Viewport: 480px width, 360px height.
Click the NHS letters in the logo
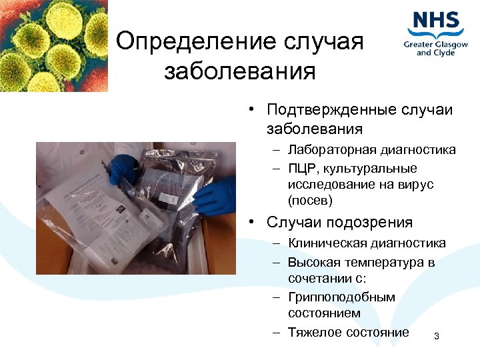(x=436, y=21)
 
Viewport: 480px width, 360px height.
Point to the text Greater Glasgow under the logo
(x=436, y=44)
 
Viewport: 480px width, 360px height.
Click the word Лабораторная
(x=331, y=150)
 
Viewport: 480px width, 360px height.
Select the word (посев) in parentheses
(x=310, y=200)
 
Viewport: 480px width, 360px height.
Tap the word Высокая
(x=315, y=262)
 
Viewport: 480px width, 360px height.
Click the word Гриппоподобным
(x=341, y=297)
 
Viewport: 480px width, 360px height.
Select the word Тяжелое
(x=314, y=332)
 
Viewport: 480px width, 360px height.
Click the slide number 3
(x=437, y=336)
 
